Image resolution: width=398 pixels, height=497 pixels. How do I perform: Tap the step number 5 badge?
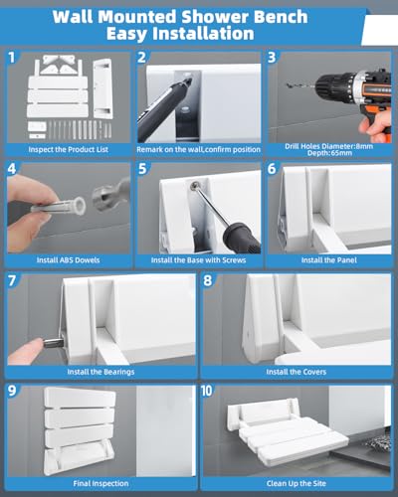pos(143,169)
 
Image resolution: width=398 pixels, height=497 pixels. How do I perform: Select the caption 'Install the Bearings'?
pos(99,372)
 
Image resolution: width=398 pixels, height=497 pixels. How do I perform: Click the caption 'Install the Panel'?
pos(331,260)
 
